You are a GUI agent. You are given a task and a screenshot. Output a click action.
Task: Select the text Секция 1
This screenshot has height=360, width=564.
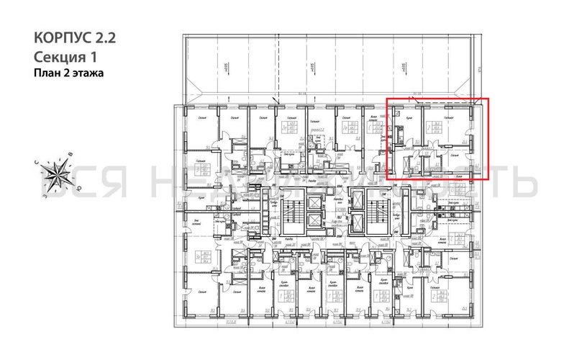(x=64, y=56)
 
